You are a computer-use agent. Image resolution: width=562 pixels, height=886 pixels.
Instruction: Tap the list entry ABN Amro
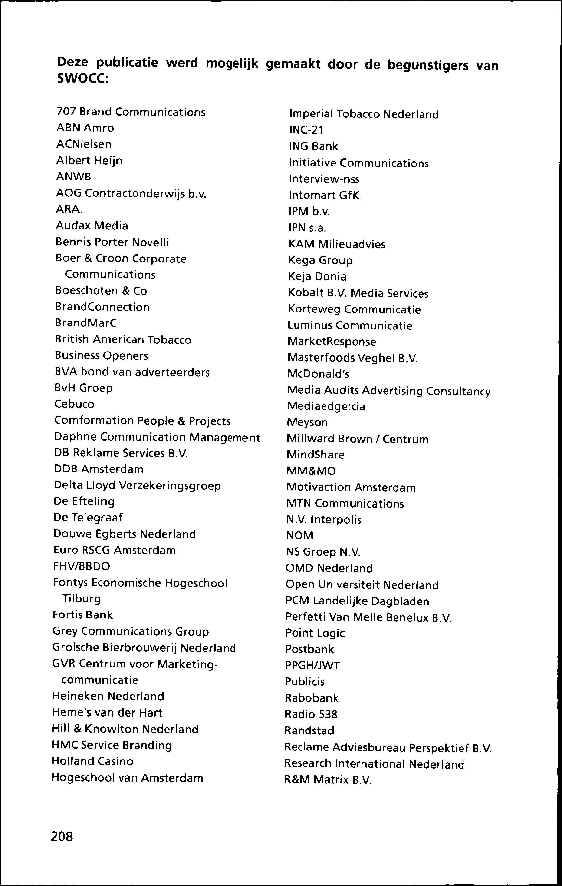[x=85, y=128]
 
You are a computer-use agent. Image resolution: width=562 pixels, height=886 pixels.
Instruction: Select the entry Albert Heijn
[x=89, y=160]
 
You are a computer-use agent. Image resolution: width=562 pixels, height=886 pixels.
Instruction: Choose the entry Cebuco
[x=74, y=404]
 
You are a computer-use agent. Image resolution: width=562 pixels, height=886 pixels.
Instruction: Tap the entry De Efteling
[x=84, y=501]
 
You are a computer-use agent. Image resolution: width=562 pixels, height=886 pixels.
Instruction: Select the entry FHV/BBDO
[x=81, y=566]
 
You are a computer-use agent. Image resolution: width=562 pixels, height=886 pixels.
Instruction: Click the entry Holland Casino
[x=92, y=761]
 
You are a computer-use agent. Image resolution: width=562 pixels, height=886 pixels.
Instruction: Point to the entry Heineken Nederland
[x=108, y=696]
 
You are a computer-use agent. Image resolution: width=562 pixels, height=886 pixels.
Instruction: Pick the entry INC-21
[x=306, y=130]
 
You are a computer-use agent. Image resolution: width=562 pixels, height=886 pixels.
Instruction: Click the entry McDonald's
[x=318, y=374]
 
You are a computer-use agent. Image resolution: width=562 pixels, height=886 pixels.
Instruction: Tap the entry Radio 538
[x=311, y=714]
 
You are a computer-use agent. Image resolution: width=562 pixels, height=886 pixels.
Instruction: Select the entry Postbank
[x=309, y=649]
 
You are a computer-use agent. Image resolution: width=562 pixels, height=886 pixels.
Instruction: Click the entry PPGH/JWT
[x=312, y=665]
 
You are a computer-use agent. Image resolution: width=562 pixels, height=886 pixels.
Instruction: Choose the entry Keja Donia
[x=317, y=276]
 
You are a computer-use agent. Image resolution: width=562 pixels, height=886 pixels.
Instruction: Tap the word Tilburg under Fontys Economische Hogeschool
[x=81, y=599]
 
